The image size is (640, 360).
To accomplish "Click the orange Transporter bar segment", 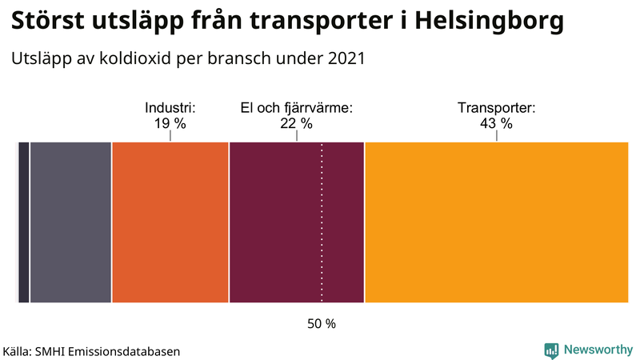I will coord(496,222).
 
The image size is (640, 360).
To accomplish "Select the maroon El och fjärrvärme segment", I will coord(296,222).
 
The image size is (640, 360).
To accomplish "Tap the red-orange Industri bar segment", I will coord(170,222).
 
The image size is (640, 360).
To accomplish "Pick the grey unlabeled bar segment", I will coord(70,222).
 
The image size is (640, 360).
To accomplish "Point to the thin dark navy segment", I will coord(24,222).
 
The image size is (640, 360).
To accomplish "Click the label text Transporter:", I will coord(496,108).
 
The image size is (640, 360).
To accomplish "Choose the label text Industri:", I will coord(170,108).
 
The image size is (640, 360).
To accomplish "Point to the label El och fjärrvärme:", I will coord(297,108).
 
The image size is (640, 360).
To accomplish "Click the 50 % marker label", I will coord(322,324).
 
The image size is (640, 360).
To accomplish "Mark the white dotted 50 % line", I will coord(322,240).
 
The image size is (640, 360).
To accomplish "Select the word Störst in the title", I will coord(49,22).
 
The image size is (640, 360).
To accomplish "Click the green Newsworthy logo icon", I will coord(551,350).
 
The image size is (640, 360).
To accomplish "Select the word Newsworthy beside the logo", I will coord(598,350).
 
